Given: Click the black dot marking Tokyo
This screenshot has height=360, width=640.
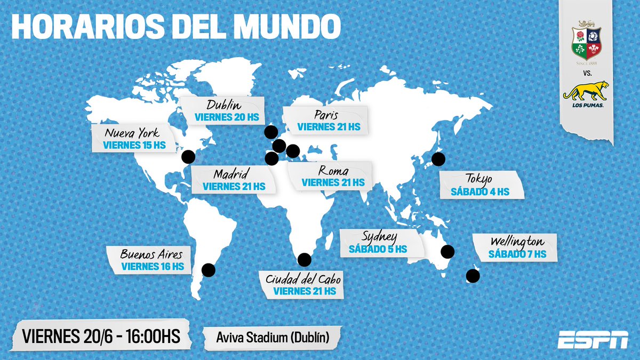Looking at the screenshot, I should (438, 158).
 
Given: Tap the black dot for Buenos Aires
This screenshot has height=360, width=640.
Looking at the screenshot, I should (209, 270).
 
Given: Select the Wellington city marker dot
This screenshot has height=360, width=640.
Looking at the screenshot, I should (473, 276).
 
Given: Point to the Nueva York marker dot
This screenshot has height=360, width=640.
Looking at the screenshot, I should (187, 156).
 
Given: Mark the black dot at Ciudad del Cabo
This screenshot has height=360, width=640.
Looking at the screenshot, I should (304, 260).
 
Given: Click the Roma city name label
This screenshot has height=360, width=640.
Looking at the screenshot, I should (333, 171).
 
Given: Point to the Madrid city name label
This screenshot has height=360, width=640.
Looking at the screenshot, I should (229, 174).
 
